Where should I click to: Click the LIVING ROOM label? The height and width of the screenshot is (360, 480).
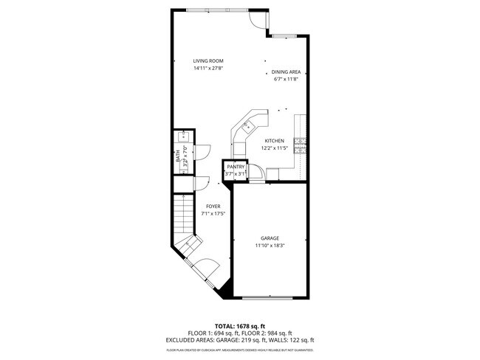(x=208, y=60)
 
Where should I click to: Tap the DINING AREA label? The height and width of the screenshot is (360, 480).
(x=286, y=72)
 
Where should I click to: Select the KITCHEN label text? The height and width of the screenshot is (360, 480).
(x=274, y=141)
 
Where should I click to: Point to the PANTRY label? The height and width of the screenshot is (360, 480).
(x=236, y=167)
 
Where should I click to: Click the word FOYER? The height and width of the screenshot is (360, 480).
(x=213, y=207)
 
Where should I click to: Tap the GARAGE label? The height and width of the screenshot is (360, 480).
(x=269, y=238)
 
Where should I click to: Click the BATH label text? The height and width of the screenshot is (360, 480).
(x=177, y=156)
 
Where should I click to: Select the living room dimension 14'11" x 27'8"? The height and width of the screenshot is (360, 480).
(x=208, y=68)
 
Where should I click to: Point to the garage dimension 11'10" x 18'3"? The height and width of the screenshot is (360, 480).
(x=269, y=245)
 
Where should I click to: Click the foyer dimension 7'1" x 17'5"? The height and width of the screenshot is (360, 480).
(x=213, y=214)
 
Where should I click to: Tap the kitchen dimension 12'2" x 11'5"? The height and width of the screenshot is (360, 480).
(x=274, y=148)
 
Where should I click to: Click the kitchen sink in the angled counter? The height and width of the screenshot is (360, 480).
(x=247, y=125)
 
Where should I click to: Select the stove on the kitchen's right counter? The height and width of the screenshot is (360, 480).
(x=299, y=144)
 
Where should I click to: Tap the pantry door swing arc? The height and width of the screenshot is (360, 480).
(x=256, y=170)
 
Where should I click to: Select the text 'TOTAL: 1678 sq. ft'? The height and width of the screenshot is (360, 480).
(x=240, y=325)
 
